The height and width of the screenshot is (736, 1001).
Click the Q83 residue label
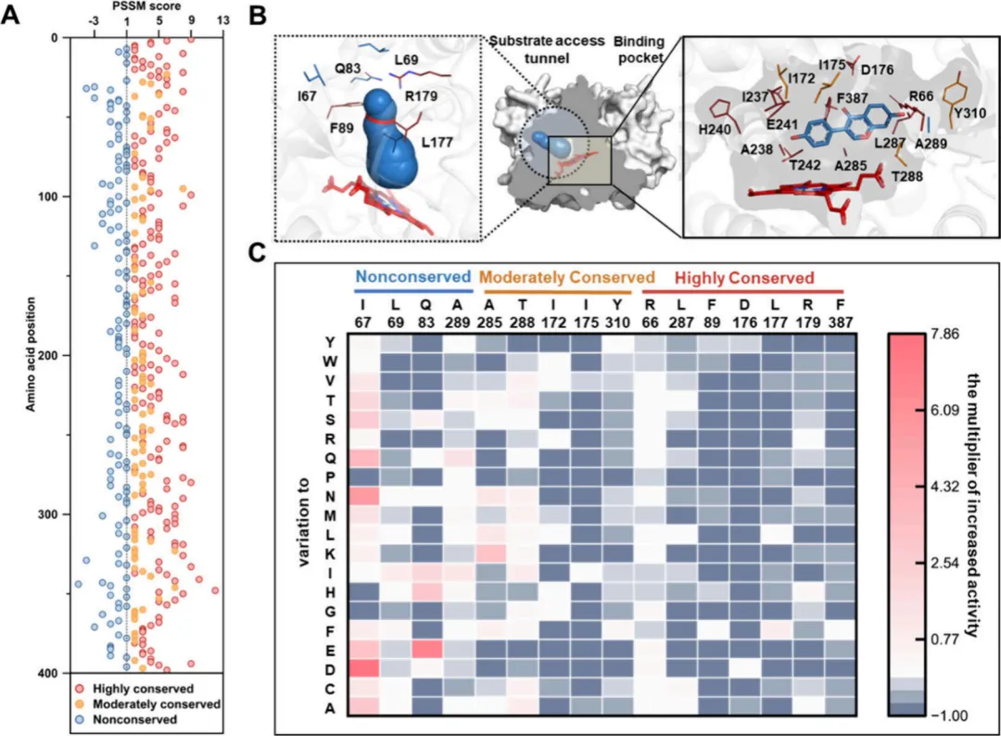[348, 68]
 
